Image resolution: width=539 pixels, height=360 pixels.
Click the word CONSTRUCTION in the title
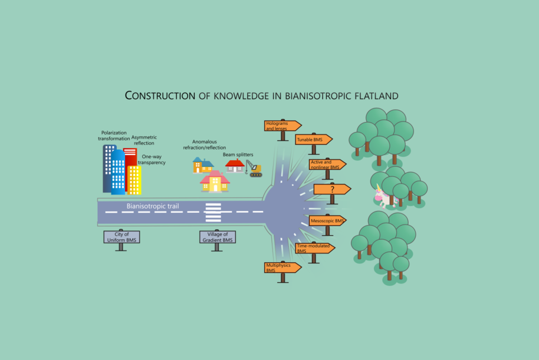(x=160, y=95)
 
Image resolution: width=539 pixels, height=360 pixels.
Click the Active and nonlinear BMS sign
(x=326, y=164)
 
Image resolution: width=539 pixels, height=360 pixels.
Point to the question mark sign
(x=331, y=189)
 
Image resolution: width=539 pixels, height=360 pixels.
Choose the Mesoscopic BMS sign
(x=327, y=220)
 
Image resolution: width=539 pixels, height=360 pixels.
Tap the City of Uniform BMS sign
(x=121, y=237)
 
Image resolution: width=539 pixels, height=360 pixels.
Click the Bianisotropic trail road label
(x=153, y=207)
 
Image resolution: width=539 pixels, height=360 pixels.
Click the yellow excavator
(x=254, y=169)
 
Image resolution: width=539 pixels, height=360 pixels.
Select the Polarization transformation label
(x=114, y=136)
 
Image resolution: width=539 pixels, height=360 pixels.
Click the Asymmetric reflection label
(x=144, y=140)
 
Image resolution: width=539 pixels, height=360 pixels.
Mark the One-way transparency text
(x=152, y=159)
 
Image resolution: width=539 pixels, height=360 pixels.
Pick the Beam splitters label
(x=238, y=154)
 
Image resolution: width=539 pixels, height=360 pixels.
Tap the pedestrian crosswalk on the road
(x=213, y=212)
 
